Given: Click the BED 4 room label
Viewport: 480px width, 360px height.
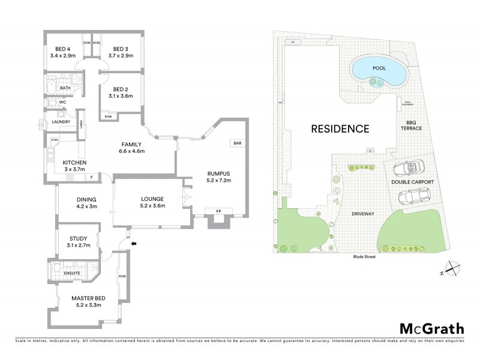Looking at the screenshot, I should [x=62, y=49].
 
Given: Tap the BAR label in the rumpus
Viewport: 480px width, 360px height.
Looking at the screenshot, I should [x=237, y=143].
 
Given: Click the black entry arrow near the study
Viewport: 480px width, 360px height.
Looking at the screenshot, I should [x=134, y=243].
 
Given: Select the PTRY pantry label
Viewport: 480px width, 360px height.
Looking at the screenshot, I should [x=55, y=140].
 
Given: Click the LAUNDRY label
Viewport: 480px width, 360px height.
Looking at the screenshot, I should [x=62, y=122].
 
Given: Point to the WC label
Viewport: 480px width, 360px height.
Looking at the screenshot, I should [x=61, y=103].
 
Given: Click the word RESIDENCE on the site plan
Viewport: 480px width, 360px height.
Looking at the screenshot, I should [x=340, y=128].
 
